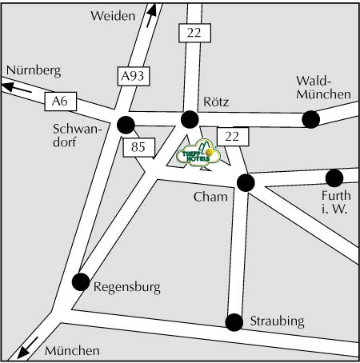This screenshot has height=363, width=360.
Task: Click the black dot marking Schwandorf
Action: coord(126,125)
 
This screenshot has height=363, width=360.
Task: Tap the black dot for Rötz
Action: coord(190,119)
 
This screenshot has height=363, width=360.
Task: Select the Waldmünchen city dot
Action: coord(310,119)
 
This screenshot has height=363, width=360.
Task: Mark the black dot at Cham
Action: coord(246,182)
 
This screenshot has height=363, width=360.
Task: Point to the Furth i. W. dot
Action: coord(334,178)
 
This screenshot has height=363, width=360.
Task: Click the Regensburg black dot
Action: coord(81,281)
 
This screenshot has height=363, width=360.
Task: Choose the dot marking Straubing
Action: coord(234,322)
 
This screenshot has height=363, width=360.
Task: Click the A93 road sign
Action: coord(134,76)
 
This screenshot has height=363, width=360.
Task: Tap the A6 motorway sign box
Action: coord(61,102)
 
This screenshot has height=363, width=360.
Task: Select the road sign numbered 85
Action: coord(138,147)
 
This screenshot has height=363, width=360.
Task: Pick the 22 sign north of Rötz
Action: coord(194,33)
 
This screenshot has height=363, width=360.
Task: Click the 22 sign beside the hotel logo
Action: coord(233,137)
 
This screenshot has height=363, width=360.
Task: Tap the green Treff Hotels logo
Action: coord(198,154)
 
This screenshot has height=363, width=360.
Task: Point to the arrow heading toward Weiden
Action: coord(151,16)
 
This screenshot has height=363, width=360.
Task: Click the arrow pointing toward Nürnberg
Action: coord(17,88)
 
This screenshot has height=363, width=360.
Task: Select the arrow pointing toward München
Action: coord(28,347)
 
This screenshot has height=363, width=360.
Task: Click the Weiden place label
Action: coord(113,16)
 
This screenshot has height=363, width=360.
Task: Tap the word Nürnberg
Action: coord(34,71)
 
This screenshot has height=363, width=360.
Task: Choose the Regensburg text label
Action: coord(127,288)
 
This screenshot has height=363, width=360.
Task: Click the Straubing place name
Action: coord(277,321)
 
